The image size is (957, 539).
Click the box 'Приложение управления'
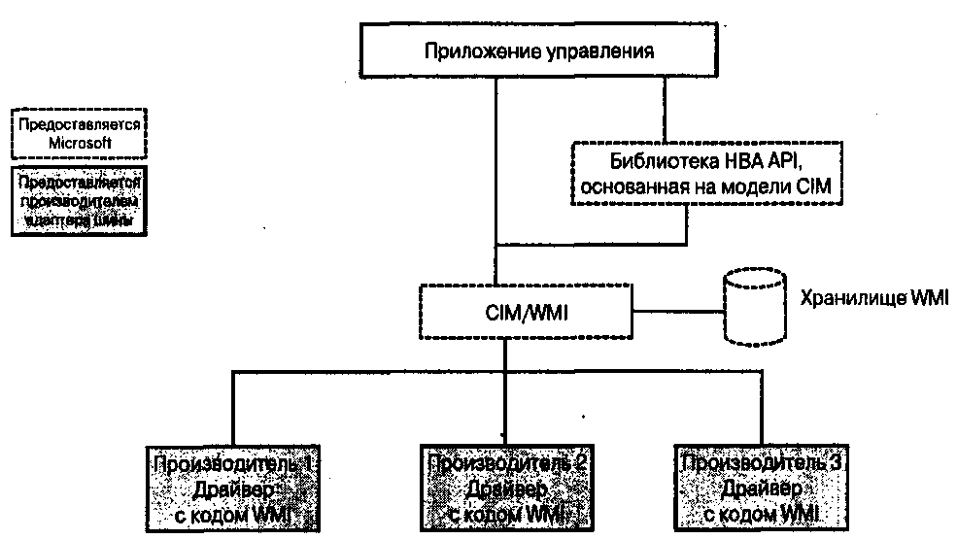(x=536, y=50)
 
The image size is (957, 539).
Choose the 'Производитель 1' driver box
(x=232, y=485)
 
